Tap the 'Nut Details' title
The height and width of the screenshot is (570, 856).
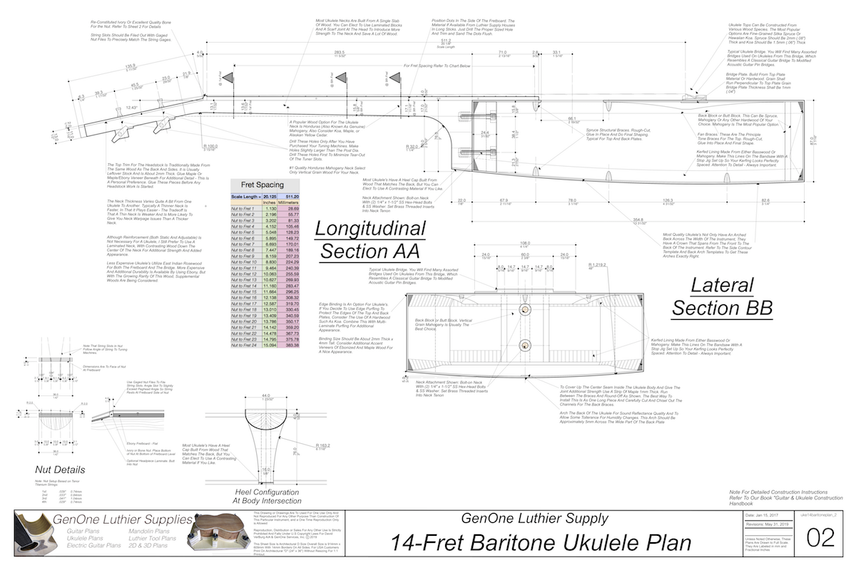[60, 470]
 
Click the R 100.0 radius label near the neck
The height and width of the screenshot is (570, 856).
[210, 146]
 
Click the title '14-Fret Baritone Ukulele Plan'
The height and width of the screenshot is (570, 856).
[540, 543]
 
